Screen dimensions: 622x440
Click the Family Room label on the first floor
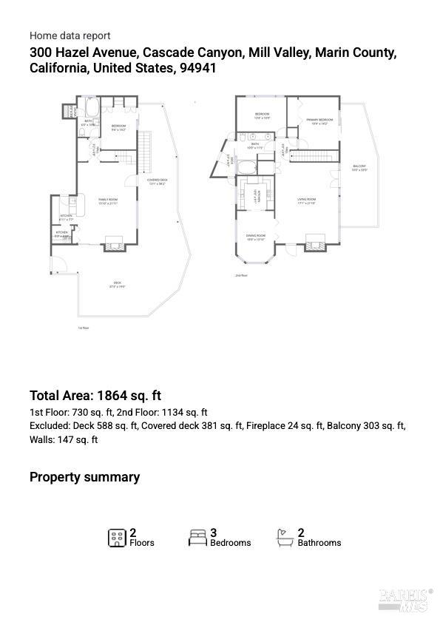108,200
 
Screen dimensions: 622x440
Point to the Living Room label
307,200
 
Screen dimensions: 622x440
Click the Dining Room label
256,237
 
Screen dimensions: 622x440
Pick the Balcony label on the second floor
359,167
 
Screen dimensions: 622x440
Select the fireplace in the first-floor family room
113,242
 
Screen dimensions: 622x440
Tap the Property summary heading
84,477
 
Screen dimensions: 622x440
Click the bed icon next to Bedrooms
197,538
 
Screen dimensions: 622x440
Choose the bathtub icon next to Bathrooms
285,537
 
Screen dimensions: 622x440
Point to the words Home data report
70,36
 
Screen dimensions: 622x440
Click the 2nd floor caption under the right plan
241,276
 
